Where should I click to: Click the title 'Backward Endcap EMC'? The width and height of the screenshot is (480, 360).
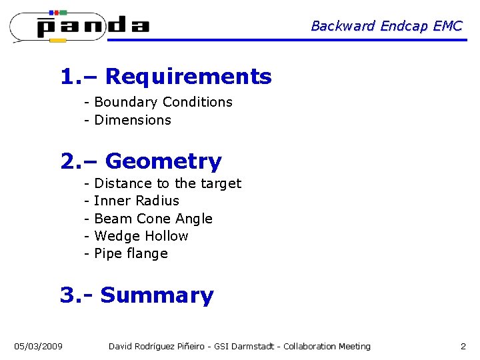pos(386,26)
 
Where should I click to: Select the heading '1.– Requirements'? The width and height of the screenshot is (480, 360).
pos(166,77)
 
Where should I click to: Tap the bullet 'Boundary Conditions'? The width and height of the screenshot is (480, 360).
pos(163,102)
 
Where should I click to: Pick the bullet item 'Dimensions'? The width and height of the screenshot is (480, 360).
pos(133,120)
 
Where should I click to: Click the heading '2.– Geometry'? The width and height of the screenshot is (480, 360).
pos(141,161)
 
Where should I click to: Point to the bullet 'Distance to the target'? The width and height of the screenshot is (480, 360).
pos(167,183)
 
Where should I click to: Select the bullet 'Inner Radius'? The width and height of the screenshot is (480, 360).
pos(137,201)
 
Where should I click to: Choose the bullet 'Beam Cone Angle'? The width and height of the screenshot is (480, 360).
pos(153,219)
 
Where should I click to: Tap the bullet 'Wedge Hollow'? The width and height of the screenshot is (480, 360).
pos(141,236)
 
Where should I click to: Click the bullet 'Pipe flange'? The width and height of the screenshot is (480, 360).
pos(131,253)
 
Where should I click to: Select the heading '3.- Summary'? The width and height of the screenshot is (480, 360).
pos(137,295)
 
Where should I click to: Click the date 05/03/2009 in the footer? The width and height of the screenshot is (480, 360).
pos(39,346)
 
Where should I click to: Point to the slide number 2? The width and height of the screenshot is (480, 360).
pos(463,346)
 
